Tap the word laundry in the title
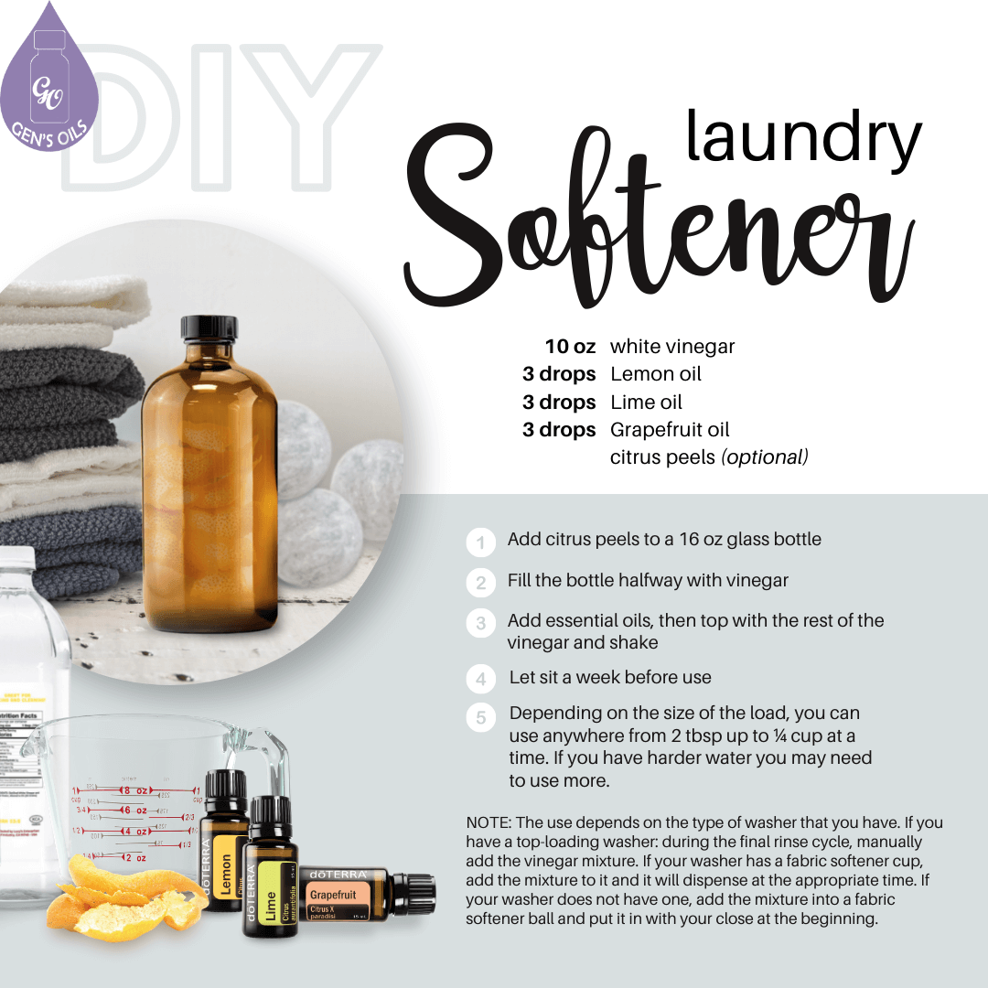point(803,137)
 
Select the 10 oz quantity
point(571,347)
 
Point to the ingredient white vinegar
point(672,347)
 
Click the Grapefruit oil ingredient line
point(670,430)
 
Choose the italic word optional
point(765,457)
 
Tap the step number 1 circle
point(480,542)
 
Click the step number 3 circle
point(480,625)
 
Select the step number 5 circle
point(480,718)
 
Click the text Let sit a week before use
point(610,678)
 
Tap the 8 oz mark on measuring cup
point(135,789)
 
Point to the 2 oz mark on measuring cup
point(134,858)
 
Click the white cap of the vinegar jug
point(16,557)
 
